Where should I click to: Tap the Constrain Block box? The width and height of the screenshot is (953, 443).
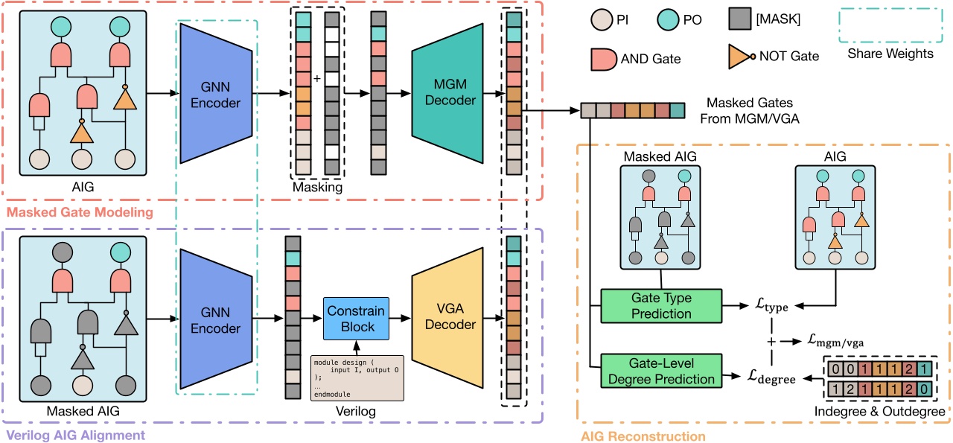tap(355, 319)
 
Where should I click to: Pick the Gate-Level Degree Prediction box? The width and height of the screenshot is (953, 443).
tap(661, 370)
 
